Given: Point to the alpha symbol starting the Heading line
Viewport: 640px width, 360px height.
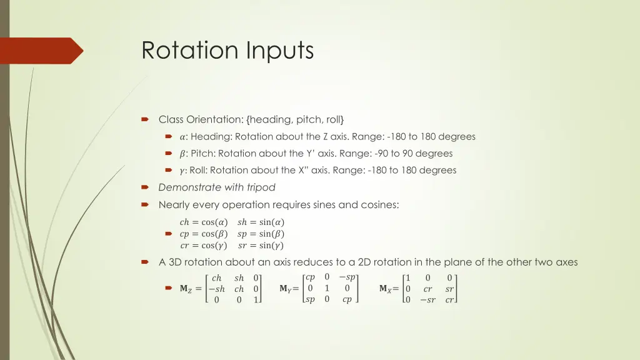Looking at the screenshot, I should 182,137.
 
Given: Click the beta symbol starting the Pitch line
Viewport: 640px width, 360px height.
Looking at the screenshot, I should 182,154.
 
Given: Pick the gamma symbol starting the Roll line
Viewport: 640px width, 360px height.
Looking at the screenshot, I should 182,171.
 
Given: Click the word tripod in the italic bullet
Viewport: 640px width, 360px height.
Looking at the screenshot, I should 261,187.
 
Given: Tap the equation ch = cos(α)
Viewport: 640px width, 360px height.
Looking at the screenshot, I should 203,222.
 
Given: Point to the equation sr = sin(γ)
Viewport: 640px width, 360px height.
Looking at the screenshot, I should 261,246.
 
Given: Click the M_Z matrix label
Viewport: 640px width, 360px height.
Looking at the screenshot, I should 186,289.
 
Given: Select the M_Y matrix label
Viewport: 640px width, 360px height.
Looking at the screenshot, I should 285,289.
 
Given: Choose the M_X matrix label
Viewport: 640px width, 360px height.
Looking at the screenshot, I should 386,289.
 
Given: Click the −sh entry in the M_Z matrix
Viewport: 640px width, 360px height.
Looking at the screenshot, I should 216,289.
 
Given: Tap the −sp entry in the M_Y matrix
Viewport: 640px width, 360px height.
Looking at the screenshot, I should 347,277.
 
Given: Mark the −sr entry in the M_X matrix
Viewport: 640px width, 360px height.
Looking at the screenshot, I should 427,300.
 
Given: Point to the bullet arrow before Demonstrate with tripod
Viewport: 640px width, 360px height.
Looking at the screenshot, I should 145,187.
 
